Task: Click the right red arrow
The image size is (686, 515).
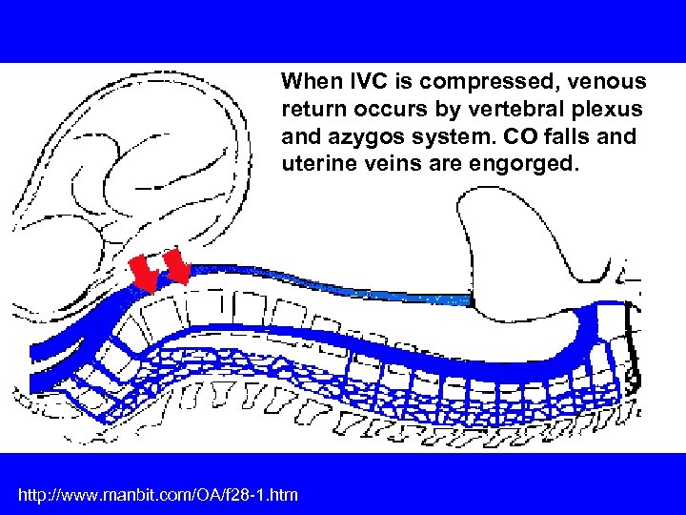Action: (x=177, y=267)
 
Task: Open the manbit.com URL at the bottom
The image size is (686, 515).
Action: (x=158, y=494)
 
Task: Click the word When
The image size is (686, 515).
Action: (x=307, y=81)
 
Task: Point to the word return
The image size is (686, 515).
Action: (x=313, y=109)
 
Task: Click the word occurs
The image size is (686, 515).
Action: (x=385, y=109)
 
